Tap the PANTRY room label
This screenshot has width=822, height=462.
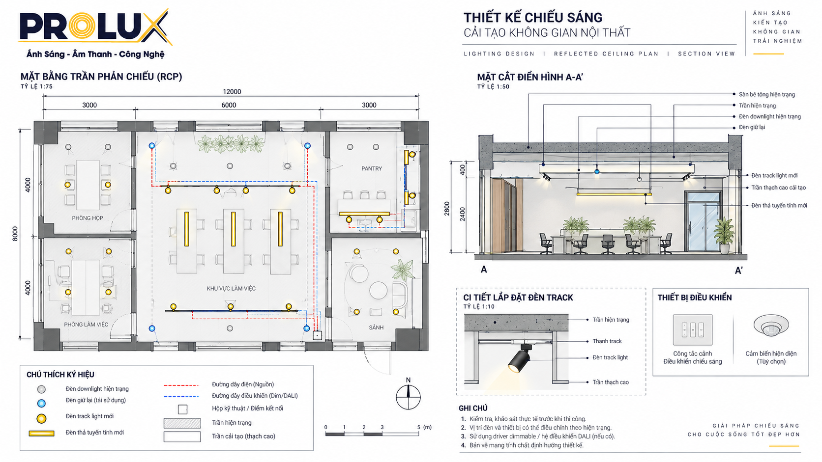[x=371, y=168]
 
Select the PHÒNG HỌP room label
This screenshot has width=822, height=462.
[x=88, y=218]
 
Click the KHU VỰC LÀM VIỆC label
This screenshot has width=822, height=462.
[x=231, y=288]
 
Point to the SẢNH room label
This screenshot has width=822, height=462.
[x=376, y=327]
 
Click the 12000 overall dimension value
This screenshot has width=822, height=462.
[x=232, y=92]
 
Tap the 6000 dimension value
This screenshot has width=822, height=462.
[x=229, y=105]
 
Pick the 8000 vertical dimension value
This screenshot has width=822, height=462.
[x=15, y=234]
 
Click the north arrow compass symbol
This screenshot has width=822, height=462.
[x=408, y=395]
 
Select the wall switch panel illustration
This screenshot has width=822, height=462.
[x=693, y=330]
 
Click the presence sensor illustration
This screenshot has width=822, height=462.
[x=771, y=325]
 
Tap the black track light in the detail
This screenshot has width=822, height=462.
[x=520, y=358]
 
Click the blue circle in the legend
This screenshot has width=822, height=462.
[x=41, y=404]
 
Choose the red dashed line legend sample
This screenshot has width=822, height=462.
[x=181, y=385]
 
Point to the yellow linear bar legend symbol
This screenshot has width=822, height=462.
[x=41, y=434]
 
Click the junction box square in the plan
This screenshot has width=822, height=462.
[x=318, y=335]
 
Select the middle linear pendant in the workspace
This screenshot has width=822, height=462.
[x=234, y=229]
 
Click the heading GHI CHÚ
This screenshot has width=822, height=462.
[x=473, y=408]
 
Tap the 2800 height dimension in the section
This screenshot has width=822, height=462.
[x=446, y=209]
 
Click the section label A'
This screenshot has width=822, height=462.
[x=739, y=271]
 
